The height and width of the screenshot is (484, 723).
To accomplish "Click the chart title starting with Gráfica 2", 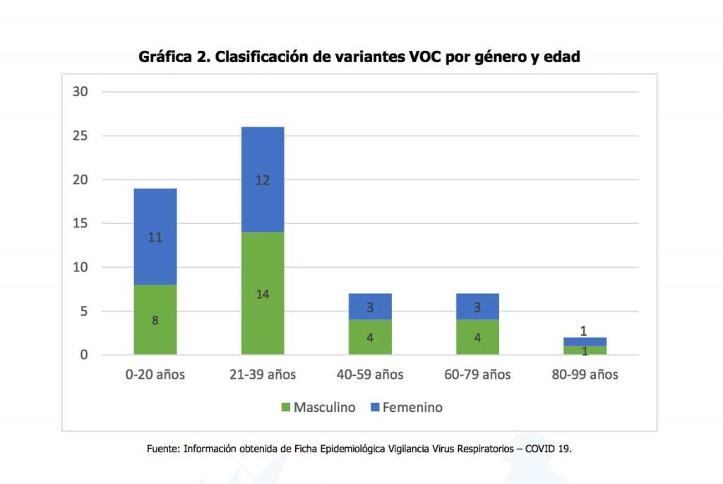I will [359, 57].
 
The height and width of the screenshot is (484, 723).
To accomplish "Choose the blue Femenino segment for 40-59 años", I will [370, 307].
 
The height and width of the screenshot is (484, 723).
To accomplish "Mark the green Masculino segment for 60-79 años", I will [477, 338].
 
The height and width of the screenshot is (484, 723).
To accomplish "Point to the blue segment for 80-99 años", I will [585, 341].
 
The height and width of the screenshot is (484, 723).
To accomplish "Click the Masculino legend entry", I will [318, 408].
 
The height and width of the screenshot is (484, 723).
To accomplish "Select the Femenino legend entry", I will [406, 408].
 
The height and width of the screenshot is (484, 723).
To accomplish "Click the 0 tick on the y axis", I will [83, 355].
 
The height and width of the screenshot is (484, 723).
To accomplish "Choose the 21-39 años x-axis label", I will [263, 374].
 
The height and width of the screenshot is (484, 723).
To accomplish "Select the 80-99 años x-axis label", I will [585, 374].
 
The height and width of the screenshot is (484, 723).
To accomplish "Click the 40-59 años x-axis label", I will [370, 374].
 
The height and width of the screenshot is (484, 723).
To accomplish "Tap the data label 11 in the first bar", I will [155, 237].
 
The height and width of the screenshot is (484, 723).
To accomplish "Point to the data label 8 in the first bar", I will [155, 320].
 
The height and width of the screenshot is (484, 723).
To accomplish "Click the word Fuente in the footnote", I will [163, 449].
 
